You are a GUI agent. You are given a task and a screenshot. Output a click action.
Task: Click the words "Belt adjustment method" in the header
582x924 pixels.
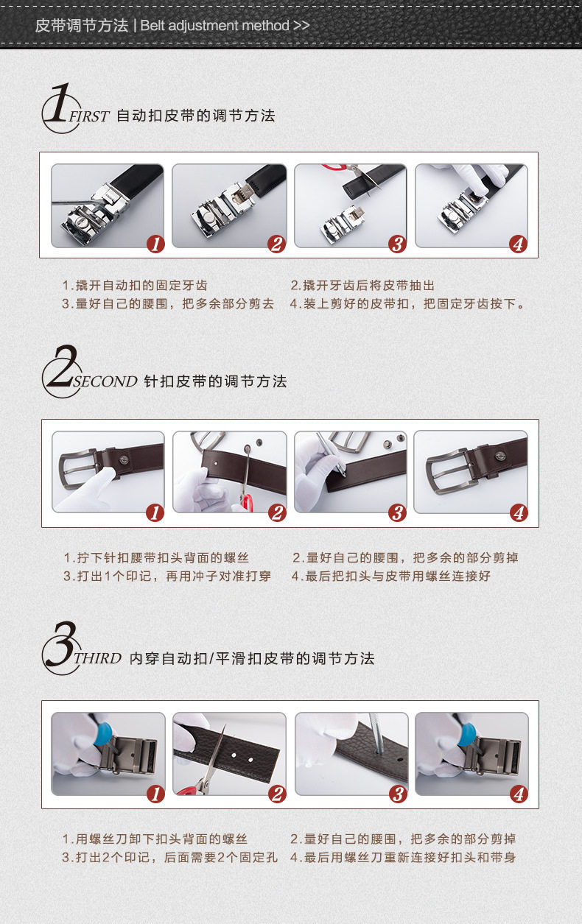214,26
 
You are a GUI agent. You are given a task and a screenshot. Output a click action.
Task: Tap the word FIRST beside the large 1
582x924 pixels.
88,116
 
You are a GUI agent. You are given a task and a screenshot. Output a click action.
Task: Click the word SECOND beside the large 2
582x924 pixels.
105,381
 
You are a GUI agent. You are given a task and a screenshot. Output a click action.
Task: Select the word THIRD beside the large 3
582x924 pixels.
97,658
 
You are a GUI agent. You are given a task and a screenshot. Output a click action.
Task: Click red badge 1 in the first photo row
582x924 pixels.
155,244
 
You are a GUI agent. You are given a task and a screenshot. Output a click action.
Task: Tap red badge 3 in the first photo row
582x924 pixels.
397,244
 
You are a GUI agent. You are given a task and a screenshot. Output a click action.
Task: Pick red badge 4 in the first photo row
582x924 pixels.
518,244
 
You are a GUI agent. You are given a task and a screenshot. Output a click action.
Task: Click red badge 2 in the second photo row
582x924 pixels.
277,513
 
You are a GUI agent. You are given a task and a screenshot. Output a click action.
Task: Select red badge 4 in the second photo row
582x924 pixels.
519,513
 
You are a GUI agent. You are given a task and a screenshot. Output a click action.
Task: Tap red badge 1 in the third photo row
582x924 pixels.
155,794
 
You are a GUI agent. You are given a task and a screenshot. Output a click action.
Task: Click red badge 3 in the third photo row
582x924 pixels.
398,794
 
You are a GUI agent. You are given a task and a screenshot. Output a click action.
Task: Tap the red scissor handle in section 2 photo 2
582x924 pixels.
248,504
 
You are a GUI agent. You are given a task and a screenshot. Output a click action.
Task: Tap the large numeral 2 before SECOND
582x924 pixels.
63,367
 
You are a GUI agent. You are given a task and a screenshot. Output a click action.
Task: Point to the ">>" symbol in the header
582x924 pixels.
301,26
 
